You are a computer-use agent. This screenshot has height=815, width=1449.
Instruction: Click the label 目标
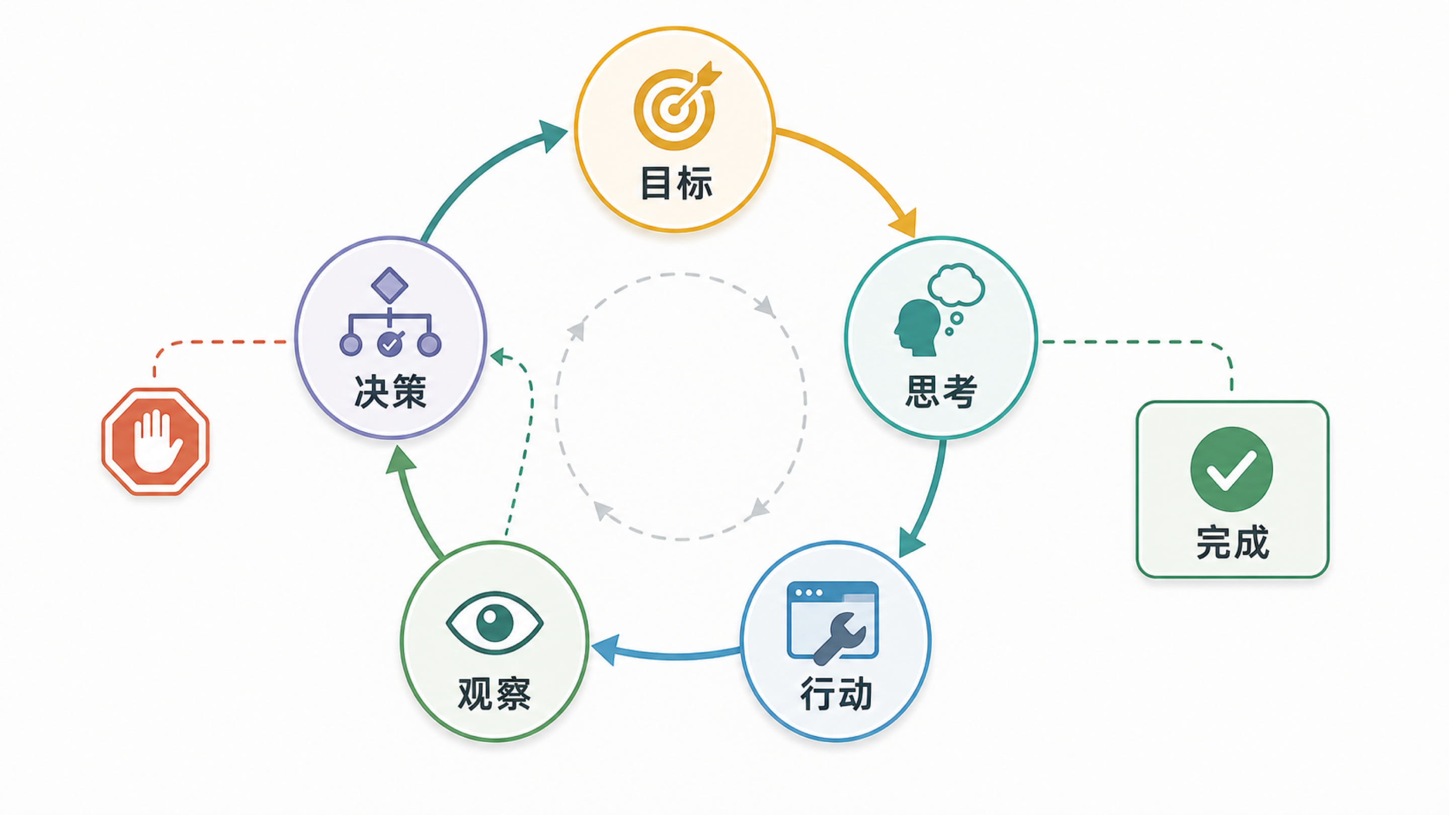pyautogui.click(x=677, y=183)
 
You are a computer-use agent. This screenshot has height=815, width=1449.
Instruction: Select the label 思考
pyautogui.click(x=940, y=391)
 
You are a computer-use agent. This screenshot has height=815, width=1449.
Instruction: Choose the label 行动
pyautogui.click(x=836, y=694)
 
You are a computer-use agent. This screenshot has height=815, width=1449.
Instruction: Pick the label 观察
pyautogui.click(x=495, y=694)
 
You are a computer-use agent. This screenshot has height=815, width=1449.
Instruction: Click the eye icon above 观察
pyautogui.click(x=495, y=623)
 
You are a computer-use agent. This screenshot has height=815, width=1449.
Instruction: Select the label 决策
pyautogui.click(x=390, y=391)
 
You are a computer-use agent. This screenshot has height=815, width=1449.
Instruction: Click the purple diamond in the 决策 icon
pyautogui.click(x=389, y=285)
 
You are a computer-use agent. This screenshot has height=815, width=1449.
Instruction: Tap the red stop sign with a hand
pyautogui.click(x=155, y=442)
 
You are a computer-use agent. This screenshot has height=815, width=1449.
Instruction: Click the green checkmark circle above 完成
pyautogui.click(x=1232, y=469)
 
